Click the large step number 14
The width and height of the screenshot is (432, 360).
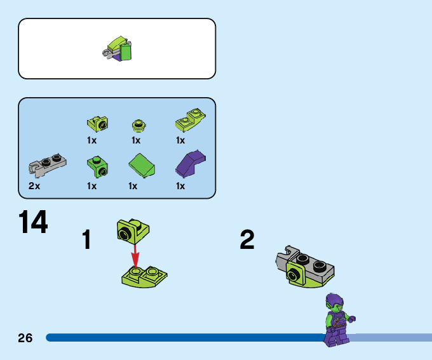pyautogui.click(x=33, y=223)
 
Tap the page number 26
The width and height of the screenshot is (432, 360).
pyautogui.click(x=25, y=338)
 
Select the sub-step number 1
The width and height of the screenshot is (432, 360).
pyautogui.click(x=87, y=241)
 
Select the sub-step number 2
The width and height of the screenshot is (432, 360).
pyautogui.click(x=247, y=240)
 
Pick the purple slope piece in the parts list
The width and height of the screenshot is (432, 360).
pyautogui.click(x=191, y=165)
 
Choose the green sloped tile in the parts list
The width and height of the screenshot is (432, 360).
pyautogui.click(x=142, y=166)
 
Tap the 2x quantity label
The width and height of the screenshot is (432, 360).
pyautogui.click(x=34, y=186)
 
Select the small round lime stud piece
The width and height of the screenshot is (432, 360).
pyautogui.click(x=138, y=123)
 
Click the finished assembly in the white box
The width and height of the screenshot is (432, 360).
pyautogui.click(x=119, y=50)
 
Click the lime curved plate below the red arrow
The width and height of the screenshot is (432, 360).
pyautogui.click(x=144, y=277)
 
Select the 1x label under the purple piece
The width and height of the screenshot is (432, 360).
pyautogui.click(x=180, y=186)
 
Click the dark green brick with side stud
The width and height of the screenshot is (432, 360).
pyautogui.click(x=97, y=166)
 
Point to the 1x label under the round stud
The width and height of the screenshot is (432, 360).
pyautogui.click(x=136, y=140)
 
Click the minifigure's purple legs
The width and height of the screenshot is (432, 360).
pyautogui.click(x=333, y=335)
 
